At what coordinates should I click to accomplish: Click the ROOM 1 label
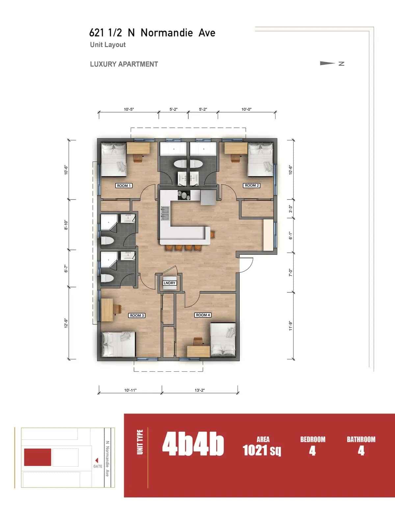[x=124, y=186]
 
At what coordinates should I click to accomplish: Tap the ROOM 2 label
[x=252, y=185]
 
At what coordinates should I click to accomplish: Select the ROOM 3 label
[x=137, y=315]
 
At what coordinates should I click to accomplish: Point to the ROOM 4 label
[x=203, y=315]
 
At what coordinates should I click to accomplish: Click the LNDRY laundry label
[x=170, y=283]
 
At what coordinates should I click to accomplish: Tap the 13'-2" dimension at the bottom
[x=200, y=390]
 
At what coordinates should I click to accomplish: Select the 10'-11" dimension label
[x=130, y=390]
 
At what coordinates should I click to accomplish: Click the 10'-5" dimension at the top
[x=129, y=109]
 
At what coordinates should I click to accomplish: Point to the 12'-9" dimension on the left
[x=66, y=323]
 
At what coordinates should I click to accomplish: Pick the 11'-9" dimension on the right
[x=291, y=326]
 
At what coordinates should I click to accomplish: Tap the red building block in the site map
[x=38, y=457]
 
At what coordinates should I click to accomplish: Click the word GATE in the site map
[x=98, y=466]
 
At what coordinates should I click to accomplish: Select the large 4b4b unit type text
[x=193, y=445]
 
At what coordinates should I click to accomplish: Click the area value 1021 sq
[x=262, y=450]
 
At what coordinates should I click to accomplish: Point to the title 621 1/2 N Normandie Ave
[x=152, y=33]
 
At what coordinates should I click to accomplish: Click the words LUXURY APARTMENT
[x=124, y=64]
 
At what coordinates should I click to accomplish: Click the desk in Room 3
[x=107, y=310]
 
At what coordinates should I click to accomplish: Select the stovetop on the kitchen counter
[x=184, y=195]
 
